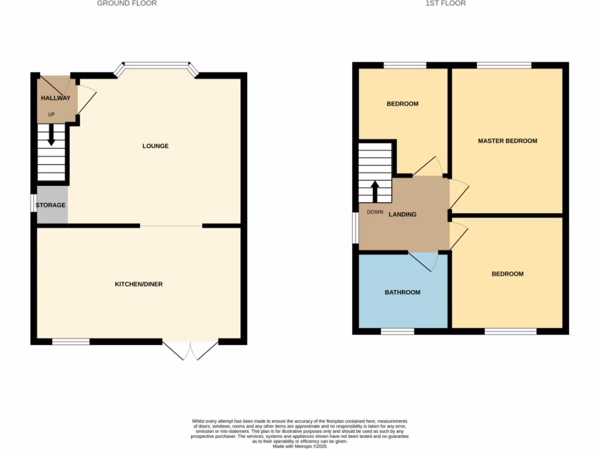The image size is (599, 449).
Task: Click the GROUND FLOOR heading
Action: point(126,4)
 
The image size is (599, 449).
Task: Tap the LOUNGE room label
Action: point(156,146)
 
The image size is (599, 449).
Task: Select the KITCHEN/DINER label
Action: point(139,284)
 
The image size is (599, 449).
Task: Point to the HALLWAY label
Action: point(55,98)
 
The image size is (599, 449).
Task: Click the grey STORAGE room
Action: point(51,205)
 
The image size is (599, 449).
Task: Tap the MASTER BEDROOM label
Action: point(507,141)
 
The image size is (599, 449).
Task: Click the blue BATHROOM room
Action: point(402,292)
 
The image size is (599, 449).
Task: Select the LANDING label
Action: point(403,215)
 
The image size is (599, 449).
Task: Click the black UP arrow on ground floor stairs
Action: point(51,137)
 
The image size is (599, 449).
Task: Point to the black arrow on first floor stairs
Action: point(375,191)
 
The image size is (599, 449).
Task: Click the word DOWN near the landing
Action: point(374,212)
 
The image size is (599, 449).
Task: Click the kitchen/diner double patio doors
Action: point(190,349)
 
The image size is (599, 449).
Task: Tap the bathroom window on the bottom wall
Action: point(398,331)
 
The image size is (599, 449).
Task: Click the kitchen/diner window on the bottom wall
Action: point(71,342)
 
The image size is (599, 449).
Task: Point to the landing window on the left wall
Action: point(355,226)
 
